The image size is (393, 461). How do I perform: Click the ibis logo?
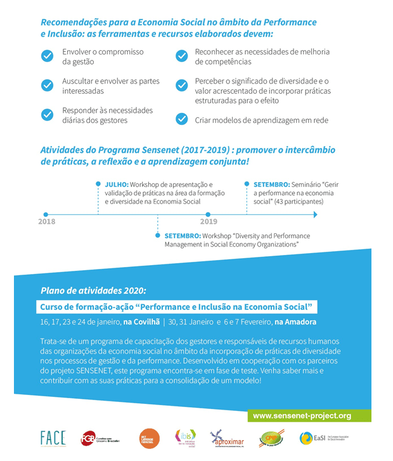[x=184, y=438]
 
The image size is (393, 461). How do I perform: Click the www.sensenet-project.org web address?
[x=302, y=416]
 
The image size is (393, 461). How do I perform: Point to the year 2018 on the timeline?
[x=46, y=221]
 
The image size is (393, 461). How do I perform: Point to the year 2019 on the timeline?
[x=208, y=221]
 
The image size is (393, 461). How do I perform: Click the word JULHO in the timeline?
[x=116, y=184]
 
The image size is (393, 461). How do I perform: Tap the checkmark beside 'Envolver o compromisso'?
[x=47, y=56]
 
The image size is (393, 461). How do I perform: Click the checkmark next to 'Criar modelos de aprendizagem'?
[x=182, y=119]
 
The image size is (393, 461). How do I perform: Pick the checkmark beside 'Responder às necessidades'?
[x=47, y=115]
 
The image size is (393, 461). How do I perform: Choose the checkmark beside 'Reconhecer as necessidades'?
[x=182, y=56]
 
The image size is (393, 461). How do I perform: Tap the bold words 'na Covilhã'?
[x=143, y=321]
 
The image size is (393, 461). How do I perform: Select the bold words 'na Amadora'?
[x=295, y=321]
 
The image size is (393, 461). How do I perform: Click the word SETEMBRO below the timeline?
[x=183, y=235]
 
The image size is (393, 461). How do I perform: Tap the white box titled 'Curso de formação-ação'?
[x=177, y=307]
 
